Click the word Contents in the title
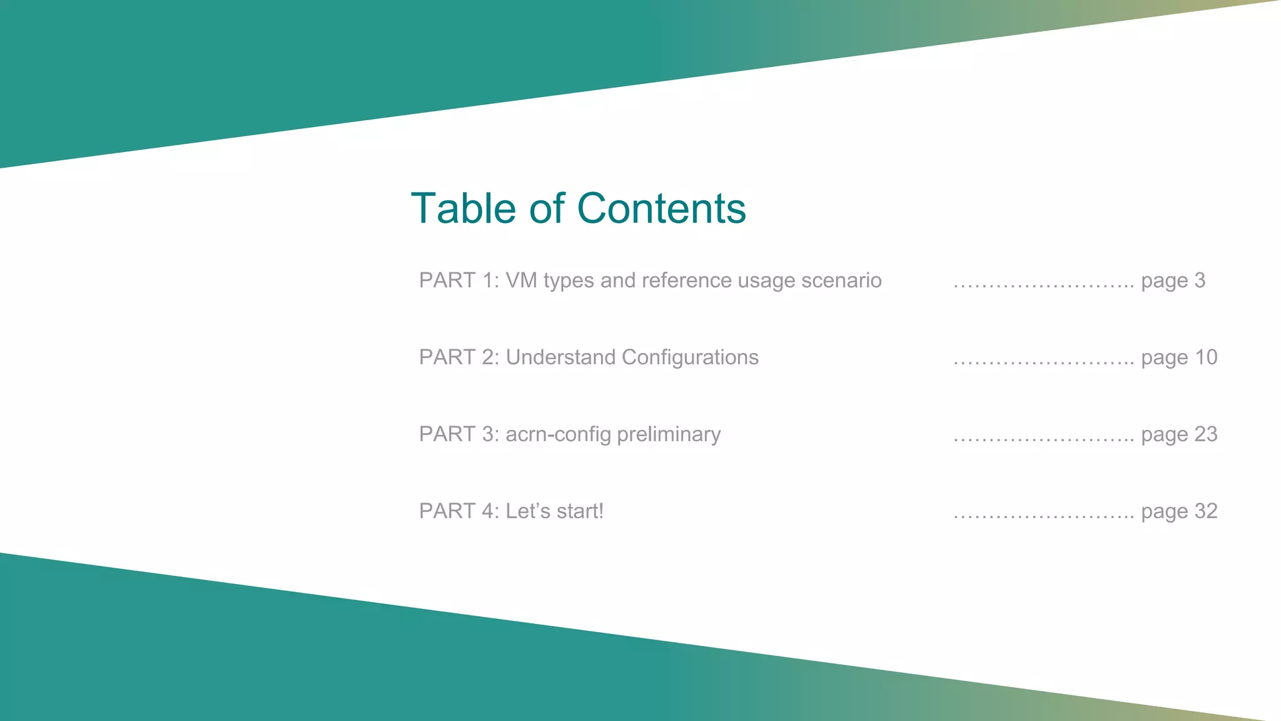click(x=661, y=208)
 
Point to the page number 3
click(x=1199, y=280)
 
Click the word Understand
click(x=560, y=357)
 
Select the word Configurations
click(x=690, y=357)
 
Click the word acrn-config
click(x=558, y=434)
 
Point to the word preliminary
click(x=669, y=434)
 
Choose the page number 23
click(x=1206, y=434)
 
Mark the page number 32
click(x=1206, y=511)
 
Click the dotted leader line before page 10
click(x=1043, y=362)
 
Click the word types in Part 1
click(x=569, y=281)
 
